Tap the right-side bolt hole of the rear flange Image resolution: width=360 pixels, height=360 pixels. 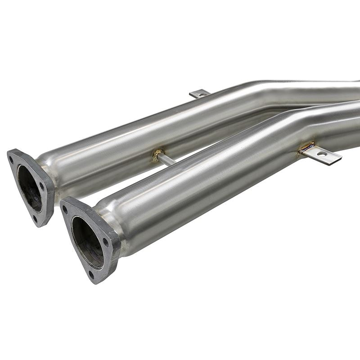[x=42, y=186]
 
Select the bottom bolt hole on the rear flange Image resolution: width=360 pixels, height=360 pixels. [x=35, y=218]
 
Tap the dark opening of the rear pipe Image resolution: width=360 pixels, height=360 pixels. [x=28, y=188]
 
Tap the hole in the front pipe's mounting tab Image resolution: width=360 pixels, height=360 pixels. [x=322, y=154]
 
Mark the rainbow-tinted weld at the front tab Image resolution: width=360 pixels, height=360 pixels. [x=307, y=147]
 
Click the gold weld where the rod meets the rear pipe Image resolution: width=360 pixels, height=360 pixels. [x=158, y=154]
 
